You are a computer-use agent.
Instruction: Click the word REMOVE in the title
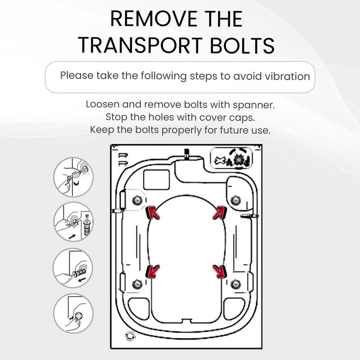[153, 19]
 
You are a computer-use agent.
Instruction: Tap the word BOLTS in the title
[242, 45]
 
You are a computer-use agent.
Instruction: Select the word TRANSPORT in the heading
[140, 45]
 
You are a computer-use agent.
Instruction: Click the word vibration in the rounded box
[287, 76]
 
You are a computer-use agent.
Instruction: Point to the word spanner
[254, 105]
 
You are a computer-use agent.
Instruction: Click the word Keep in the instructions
[102, 130]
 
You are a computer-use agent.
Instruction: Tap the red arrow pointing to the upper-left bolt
[153, 212]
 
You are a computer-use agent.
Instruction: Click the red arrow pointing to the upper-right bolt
[220, 212]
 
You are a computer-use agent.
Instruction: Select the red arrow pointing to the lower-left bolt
[153, 271]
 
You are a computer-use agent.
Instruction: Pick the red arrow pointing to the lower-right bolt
[220, 271]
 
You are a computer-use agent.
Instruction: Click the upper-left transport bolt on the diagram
[137, 200]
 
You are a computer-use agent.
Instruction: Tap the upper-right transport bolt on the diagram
[236, 200]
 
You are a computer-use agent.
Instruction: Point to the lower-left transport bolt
[137, 284]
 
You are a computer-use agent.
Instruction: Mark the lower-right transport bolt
[236, 284]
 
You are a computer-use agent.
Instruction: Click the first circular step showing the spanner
[73, 177]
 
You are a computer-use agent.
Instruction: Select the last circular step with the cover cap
[73, 313]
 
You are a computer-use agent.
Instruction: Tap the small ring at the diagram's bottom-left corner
[130, 336]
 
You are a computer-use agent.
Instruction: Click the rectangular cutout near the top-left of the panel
[157, 180]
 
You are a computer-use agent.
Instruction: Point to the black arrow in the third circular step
[82, 280]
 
